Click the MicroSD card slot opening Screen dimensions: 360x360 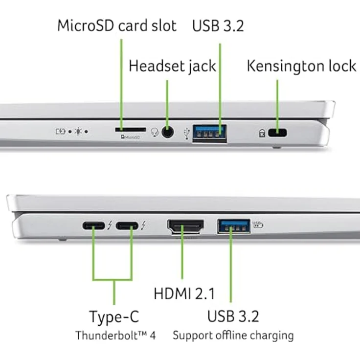[x=130, y=130]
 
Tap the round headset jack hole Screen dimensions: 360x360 [x=168, y=132]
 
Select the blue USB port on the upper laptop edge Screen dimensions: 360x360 [x=210, y=133]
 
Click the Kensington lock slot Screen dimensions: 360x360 [x=279, y=132]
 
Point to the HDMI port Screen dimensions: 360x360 [x=185, y=227]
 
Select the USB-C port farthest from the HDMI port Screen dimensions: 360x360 [x=93, y=226]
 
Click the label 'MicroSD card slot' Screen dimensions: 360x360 [x=116, y=25]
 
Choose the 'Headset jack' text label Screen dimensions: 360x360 [x=172, y=66]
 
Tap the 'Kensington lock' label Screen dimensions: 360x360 [x=301, y=66]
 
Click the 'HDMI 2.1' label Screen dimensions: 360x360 [x=184, y=294]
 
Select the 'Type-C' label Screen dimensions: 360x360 [x=114, y=316]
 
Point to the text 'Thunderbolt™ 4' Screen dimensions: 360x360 [x=115, y=336]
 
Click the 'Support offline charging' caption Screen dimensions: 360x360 [x=233, y=336]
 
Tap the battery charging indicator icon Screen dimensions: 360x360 [x=61, y=131]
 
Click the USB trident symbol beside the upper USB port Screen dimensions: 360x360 [x=186, y=133]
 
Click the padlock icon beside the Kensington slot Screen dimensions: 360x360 [x=262, y=132]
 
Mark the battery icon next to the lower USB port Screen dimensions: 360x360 [x=258, y=225]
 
